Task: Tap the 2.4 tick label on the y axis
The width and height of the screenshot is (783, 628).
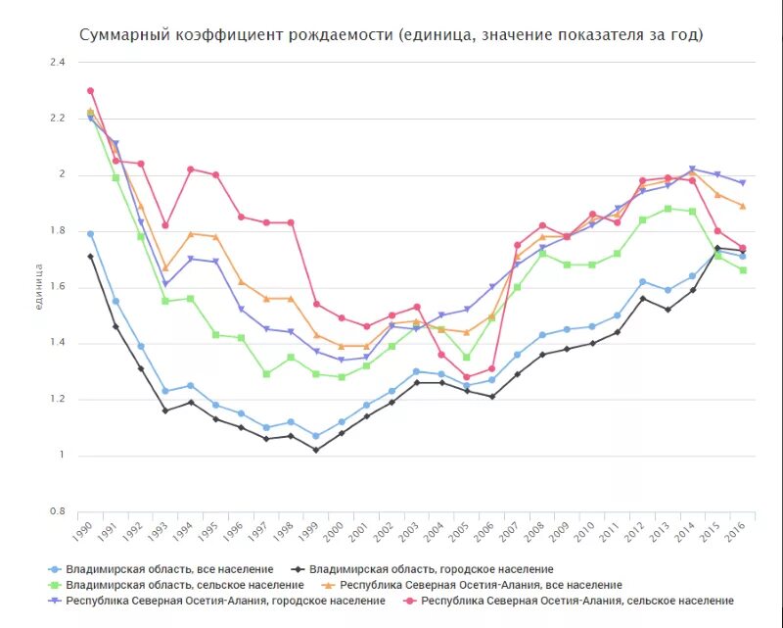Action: point(57,62)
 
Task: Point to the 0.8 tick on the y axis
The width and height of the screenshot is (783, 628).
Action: point(57,511)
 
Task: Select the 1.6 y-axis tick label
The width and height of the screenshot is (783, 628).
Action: point(57,286)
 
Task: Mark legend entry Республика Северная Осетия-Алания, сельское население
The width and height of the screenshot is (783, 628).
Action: point(576,601)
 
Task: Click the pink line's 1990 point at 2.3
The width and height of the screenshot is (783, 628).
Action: point(90,91)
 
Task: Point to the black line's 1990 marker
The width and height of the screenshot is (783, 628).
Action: point(90,257)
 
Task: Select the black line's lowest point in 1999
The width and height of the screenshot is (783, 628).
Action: point(315,450)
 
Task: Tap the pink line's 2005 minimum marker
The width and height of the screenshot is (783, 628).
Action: point(466,377)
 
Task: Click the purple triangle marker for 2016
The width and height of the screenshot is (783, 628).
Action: point(742,183)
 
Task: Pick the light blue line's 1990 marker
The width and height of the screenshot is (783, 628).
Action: point(90,234)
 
